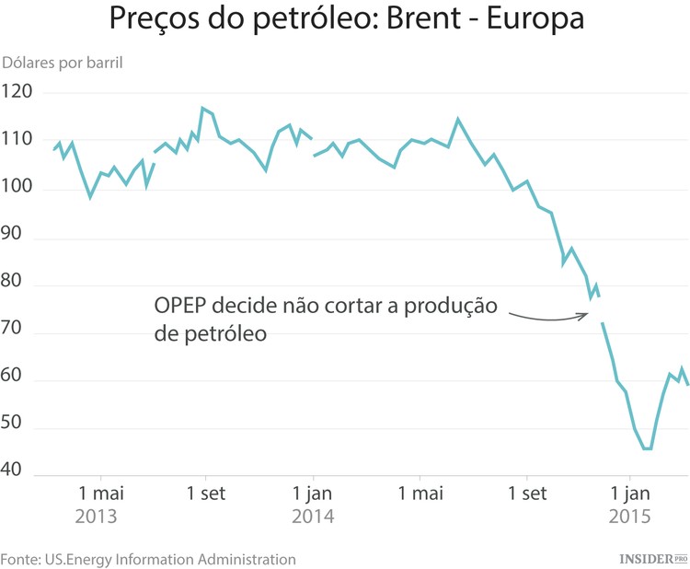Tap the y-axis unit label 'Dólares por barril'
(x=63, y=64)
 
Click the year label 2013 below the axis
(x=98, y=517)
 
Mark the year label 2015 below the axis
(x=632, y=517)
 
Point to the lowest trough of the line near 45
(x=647, y=448)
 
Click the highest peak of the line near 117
(x=202, y=109)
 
